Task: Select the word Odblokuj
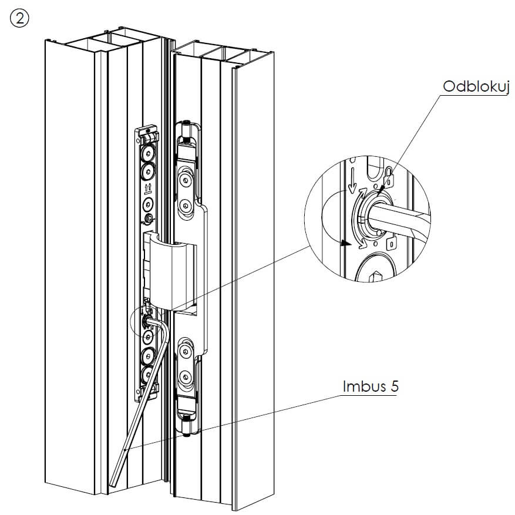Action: tap(476, 87)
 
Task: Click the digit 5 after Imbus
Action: tap(391, 387)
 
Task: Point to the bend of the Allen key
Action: tap(166, 331)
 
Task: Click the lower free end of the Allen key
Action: tap(113, 483)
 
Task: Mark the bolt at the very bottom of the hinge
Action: tap(186, 433)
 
